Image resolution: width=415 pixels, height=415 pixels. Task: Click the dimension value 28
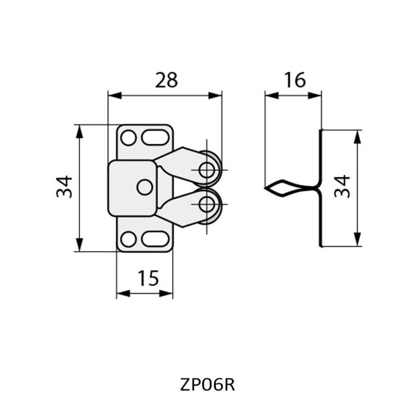click(x=166, y=80)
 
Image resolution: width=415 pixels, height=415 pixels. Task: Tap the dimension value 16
click(x=294, y=80)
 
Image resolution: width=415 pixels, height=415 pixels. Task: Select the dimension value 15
click(x=148, y=279)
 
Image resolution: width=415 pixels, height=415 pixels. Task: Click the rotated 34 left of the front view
click(x=65, y=187)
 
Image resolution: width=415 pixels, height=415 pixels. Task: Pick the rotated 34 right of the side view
click(x=343, y=187)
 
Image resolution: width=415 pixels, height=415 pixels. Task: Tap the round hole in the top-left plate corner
click(x=128, y=139)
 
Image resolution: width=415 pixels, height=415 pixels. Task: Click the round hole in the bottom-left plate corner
click(x=128, y=239)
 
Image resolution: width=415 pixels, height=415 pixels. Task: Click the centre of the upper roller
click(x=208, y=170)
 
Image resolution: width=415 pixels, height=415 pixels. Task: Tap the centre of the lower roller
click(x=208, y=203)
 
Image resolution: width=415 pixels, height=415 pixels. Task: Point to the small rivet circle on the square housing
click(x=145, y=187)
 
